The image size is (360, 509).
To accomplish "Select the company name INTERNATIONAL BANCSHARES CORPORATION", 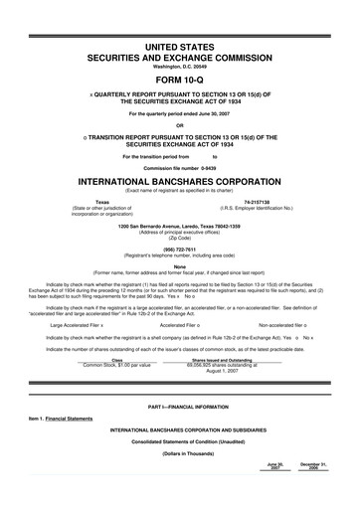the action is (179, 182).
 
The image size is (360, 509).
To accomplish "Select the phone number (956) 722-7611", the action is (179, 250).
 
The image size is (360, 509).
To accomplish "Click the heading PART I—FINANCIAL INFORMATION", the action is (179, 410).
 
